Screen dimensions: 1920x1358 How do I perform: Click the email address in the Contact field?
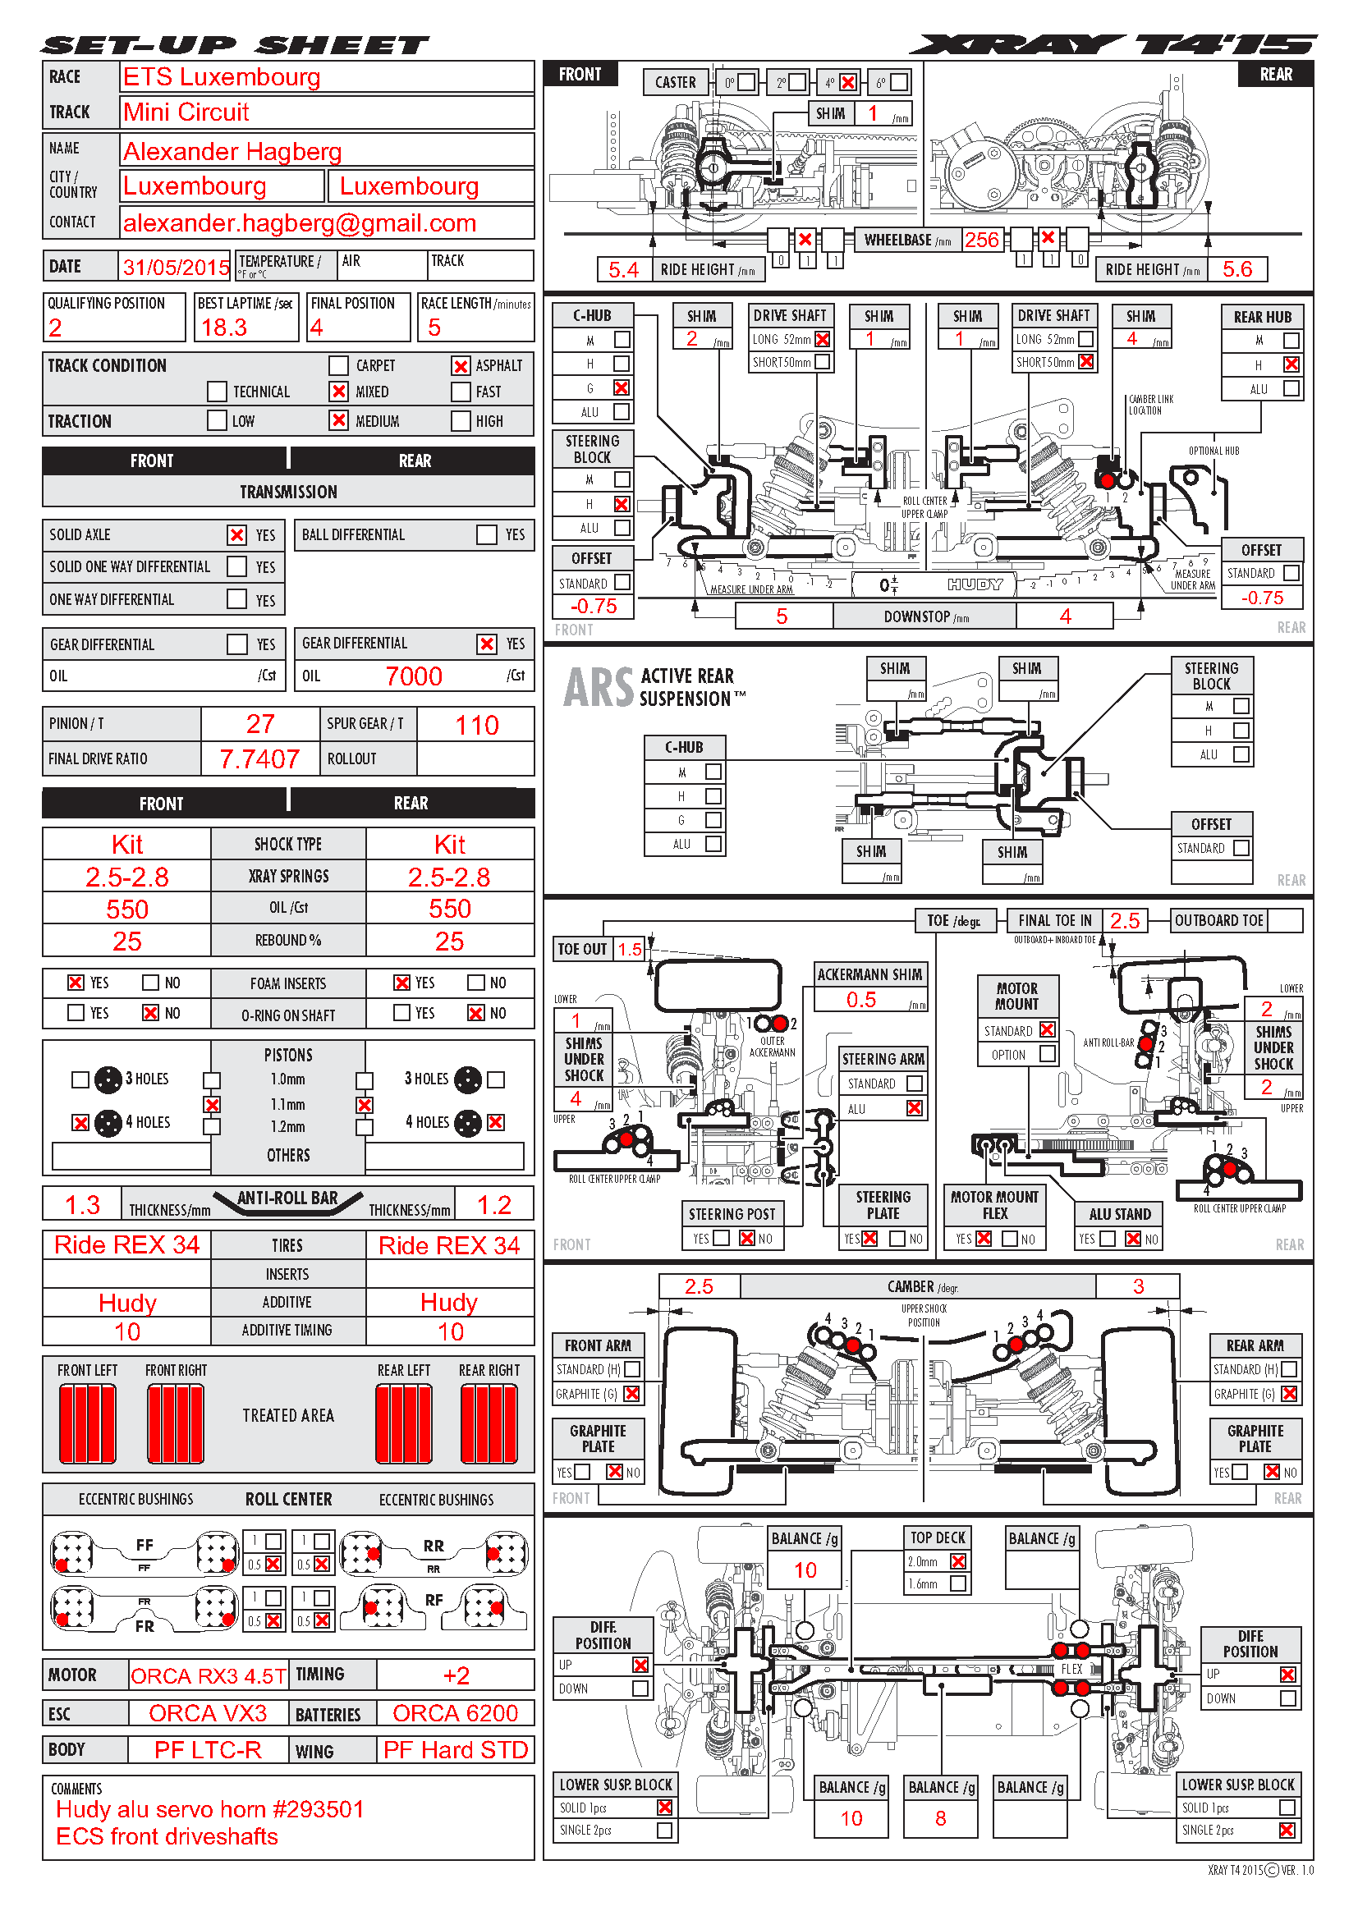[x=300, y=223]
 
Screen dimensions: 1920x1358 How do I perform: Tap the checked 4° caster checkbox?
[x=848, y=82]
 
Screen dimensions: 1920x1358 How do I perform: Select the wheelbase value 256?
[x=982, y=240]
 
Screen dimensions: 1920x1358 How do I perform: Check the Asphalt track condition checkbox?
[x=461, y=365]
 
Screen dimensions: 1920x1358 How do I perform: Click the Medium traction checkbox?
[x=338, y=419]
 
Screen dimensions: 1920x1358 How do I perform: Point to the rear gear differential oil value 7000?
[x=413, y=676]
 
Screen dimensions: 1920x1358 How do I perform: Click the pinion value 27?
[x=260, y=724]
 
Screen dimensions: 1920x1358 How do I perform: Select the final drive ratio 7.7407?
[x=259, y=758]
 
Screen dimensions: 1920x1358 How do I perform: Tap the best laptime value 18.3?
[x=224, y=328]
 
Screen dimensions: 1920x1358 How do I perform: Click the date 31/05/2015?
[x=176, y=268]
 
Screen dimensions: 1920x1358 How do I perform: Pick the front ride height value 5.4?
[x=623, y=269]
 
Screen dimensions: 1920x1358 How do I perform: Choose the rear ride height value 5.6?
[x=1237, y=269]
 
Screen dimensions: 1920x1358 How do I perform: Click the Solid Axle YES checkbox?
[x=237, y=534]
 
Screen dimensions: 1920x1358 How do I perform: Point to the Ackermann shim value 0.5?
[x=861, y=1000]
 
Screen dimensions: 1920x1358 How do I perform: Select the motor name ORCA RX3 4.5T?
[x=209, y=1676]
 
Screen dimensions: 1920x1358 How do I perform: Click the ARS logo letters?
[x=599, y=686]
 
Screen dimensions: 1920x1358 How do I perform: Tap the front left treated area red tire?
[x=88, y=1423]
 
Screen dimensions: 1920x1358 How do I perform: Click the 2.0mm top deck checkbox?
[x=958, y=1561]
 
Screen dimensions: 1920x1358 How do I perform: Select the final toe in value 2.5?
[x=1125, y=921]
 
